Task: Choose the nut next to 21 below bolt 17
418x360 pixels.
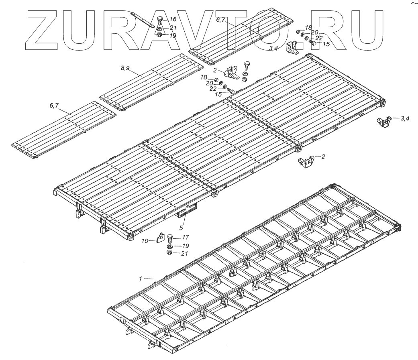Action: [x=169, y=253]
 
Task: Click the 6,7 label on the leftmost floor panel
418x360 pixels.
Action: [x=54, y=106]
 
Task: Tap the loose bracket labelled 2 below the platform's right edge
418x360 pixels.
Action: [x=305, y=162]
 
